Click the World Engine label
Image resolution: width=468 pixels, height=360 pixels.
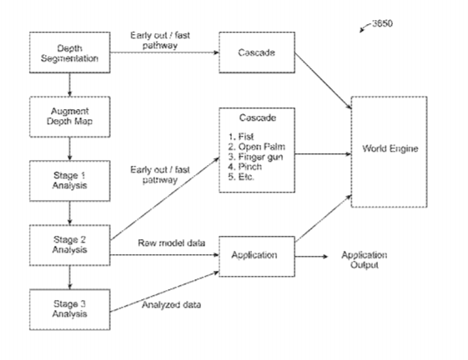point(390,148)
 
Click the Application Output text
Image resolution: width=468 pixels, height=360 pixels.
point(364,260)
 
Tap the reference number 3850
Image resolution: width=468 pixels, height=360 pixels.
point(382,23)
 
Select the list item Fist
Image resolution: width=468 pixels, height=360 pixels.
point(241,137)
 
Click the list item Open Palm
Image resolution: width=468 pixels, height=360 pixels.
point(257,147)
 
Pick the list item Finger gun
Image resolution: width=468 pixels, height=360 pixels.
point(255,157)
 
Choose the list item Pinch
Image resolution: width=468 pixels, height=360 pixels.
point(245,167)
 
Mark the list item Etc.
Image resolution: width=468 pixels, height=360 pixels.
point(241,177)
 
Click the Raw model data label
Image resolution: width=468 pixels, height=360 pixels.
point(171,243)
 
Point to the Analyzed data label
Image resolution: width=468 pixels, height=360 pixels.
point(171,305)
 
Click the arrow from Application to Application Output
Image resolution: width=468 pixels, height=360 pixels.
point(311,257)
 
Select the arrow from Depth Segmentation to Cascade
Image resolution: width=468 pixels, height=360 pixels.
point(164,52)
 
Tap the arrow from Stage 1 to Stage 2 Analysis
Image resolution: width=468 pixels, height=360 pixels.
point(69,213)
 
